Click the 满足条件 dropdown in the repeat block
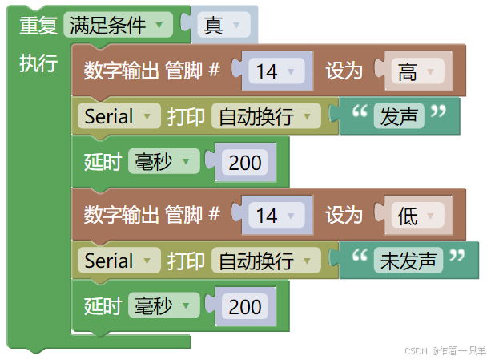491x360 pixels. (x=117, y=26)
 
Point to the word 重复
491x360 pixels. (x=38, y=26)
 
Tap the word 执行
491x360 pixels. (x=38, y=64)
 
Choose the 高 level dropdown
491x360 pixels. (x=416, y=72)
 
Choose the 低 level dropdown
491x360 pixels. (x=416, y=216)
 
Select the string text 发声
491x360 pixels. (x=399, y=117)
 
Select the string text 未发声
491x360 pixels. (x=408, y=261)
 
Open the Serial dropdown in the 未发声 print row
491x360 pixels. (x=118, y=261)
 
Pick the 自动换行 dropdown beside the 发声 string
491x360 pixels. (x=264, y=117)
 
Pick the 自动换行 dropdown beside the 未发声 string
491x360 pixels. (x=264, y=261)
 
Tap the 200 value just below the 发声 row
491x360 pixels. (x=245, y=163)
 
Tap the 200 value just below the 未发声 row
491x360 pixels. (x=245, y=306)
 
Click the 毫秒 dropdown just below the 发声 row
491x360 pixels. (x=163, y=163)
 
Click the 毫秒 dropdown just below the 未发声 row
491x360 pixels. (x=163, y=306)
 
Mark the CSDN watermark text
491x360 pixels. (x=445, y=350)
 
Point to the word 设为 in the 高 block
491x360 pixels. (x=344, y=72)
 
